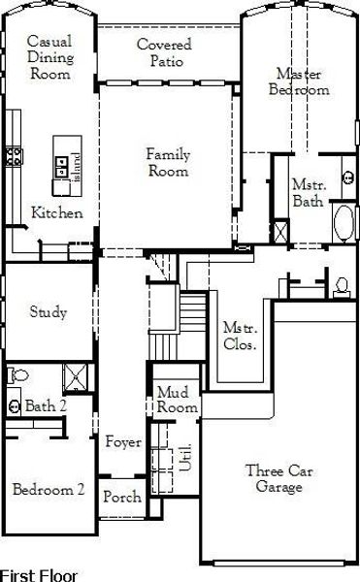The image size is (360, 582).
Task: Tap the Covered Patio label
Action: coord(164,53)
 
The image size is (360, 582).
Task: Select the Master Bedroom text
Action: coord(302,81)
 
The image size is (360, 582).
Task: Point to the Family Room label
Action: coord(168,163)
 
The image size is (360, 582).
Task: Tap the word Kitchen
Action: coord(56,213)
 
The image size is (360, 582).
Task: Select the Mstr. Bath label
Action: coord(308,193)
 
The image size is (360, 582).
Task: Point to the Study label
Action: coord(48,312)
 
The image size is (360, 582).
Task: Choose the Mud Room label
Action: coord(177,400)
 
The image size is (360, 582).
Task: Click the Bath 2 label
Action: coord(45,405)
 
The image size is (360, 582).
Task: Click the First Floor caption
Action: coord(39,575)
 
